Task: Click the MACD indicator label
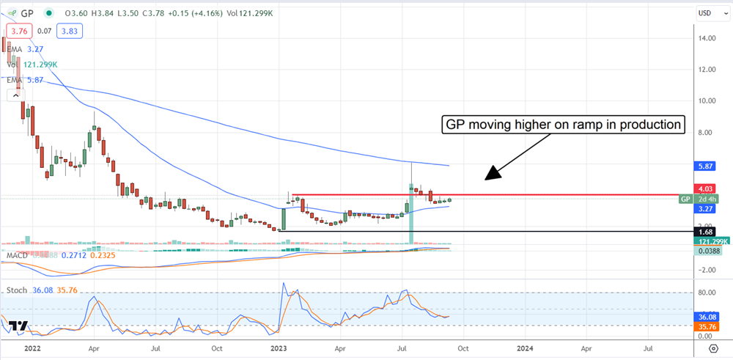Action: point(18,255)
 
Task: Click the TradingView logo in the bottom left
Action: point(20,326)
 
